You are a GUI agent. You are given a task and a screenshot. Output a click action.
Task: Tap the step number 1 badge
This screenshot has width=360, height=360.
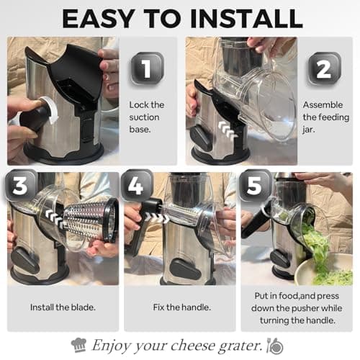click(146, 69)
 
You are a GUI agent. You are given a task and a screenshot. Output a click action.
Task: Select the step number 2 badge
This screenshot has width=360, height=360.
click(324, 68)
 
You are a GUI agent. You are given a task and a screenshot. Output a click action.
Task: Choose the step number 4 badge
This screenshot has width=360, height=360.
click(138, 186)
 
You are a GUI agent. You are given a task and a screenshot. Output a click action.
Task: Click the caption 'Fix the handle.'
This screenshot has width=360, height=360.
click(179, 307)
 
